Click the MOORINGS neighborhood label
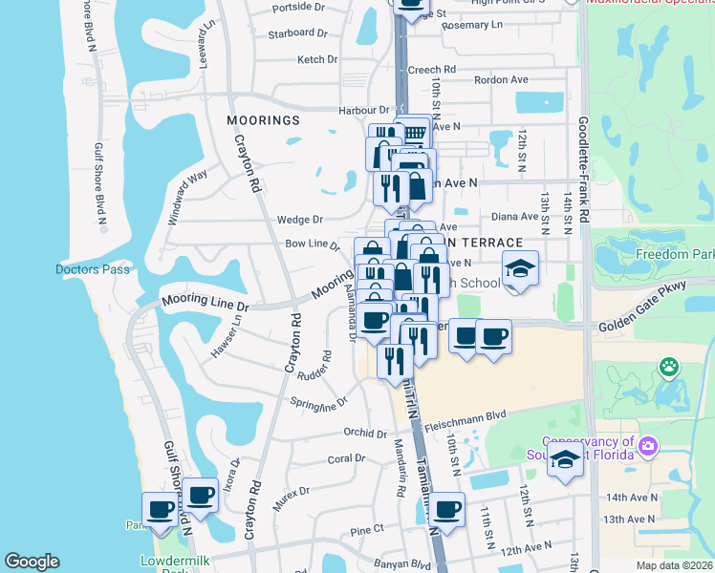(263, 120)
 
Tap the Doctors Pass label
(92, 269)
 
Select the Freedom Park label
(675, 255)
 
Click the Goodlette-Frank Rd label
(582, 172)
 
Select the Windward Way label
(188, 197)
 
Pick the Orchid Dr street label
(365, 432)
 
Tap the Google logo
(32, 562)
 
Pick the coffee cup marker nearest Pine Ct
(446, 508)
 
